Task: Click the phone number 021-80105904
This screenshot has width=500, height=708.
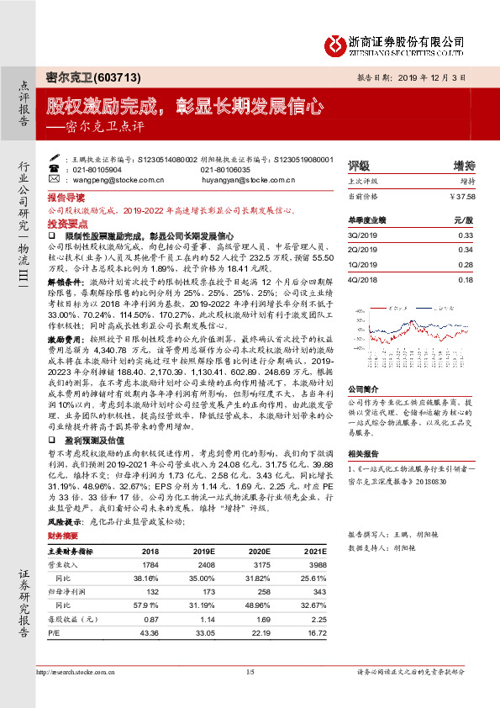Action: [97, 169]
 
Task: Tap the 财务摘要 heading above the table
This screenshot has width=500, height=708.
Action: [62, 535]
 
